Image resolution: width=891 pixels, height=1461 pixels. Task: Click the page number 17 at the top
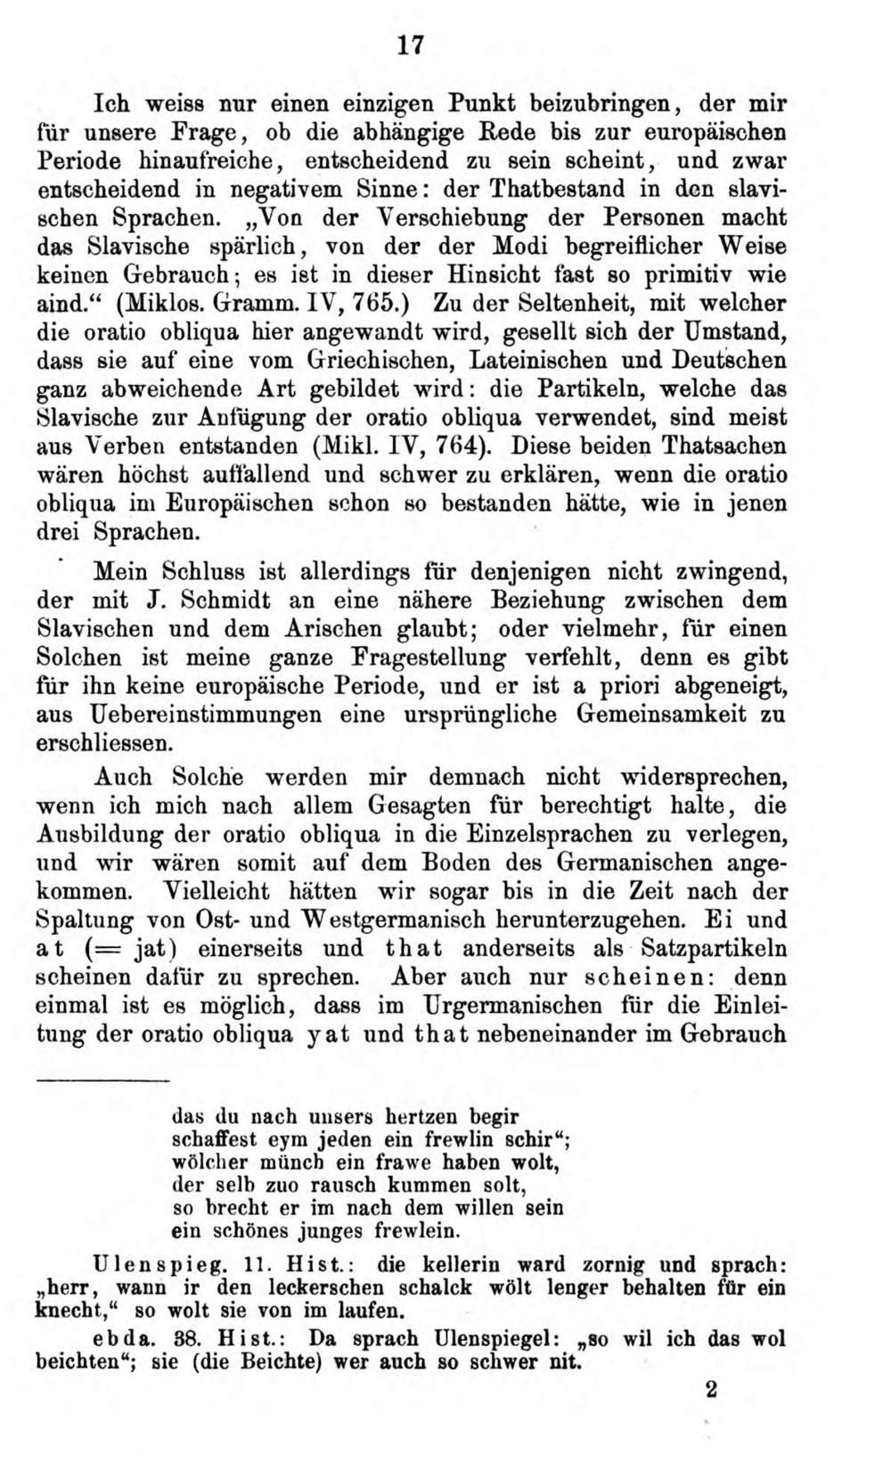[x=411, y=45]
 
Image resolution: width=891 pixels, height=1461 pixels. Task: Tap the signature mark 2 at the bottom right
[x=710, y=1390]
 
